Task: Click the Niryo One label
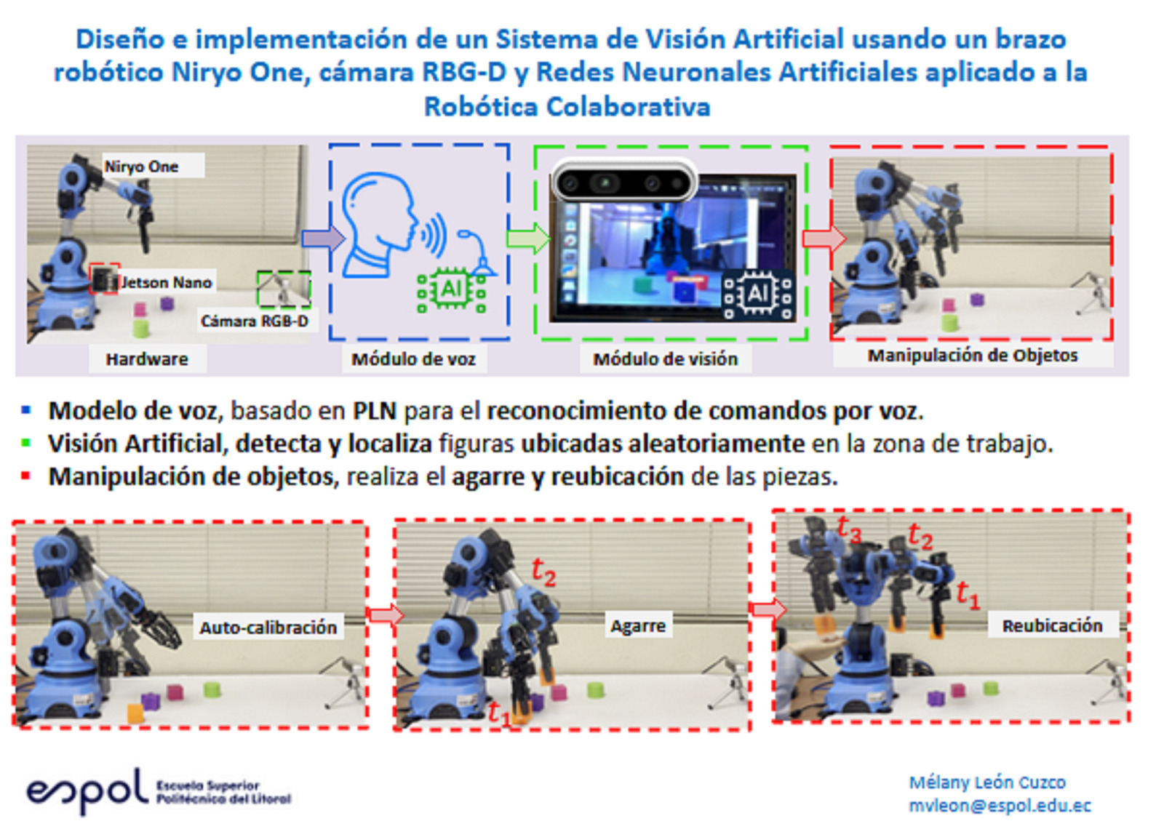tap(141, 167)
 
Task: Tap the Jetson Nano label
tap(166, 283)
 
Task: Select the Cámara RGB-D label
tap(255, 321)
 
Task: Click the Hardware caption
tap(147, 359)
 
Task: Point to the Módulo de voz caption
tap(414, 359)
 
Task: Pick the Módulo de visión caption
tap(666, 359)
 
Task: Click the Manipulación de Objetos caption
tap(973, 356)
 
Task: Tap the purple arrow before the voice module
tap(323, 239)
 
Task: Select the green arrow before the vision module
tap(528, 239)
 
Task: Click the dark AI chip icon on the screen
tap(757, 295)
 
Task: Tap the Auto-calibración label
tap(268, 628)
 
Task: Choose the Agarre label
tap(638, 626)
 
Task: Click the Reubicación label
tap(1052, 625)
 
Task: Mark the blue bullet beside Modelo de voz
tap(25, 410)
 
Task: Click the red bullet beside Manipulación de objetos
tap(25, 476)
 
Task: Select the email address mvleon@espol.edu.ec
tap(1000, 805)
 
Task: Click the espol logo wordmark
tap(87, 790)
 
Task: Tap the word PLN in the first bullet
tap(375, 411)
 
